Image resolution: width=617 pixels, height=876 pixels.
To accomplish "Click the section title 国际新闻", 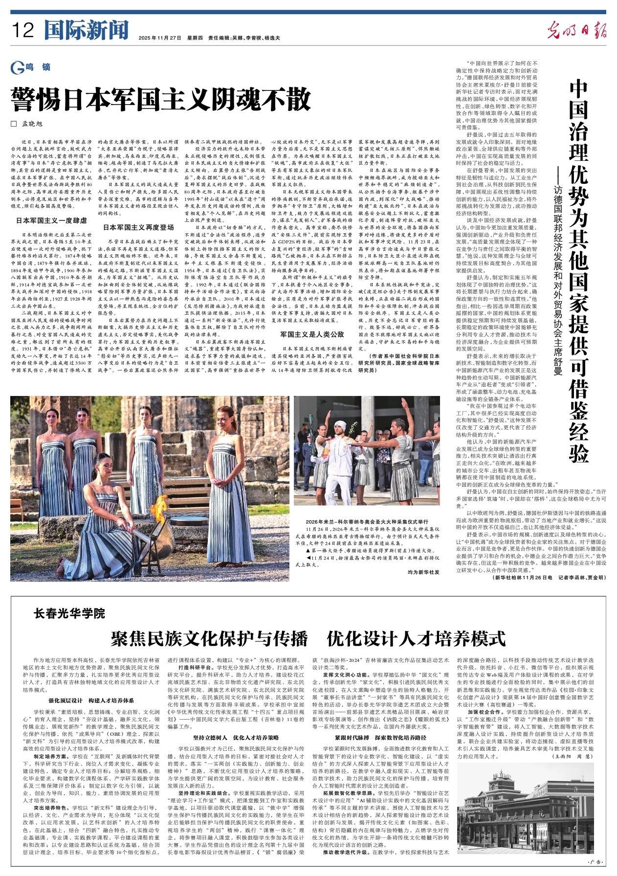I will pos(86,30).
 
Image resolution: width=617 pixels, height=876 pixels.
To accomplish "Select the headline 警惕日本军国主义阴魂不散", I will pos(162,100).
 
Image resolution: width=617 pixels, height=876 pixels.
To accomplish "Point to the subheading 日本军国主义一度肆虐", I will pos(52,220).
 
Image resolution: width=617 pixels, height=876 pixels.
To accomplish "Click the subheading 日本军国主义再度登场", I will pos(138,227).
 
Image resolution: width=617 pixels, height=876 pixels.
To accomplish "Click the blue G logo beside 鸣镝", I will pos(17,68).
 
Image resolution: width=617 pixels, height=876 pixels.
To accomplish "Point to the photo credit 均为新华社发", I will pos(423,571).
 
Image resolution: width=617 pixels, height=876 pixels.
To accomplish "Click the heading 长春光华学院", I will pos(69,613).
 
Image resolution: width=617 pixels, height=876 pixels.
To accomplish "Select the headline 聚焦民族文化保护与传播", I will pos(209,638).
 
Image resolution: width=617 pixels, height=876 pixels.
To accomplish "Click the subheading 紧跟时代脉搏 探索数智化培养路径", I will pos(380,751).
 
